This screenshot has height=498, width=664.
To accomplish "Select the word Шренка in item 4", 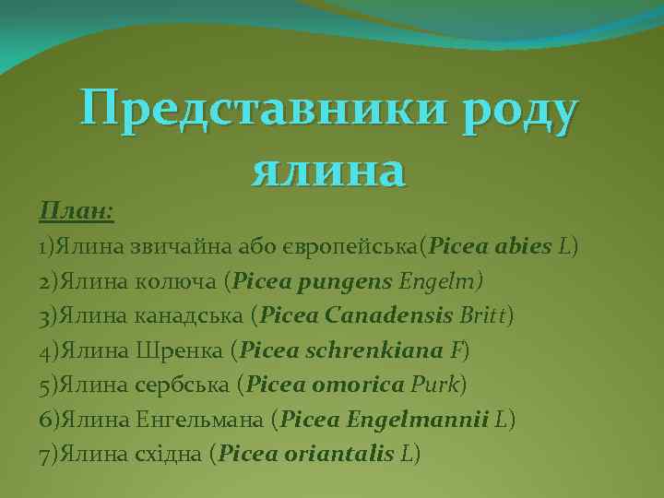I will pyautogui.click(x=180, y=350).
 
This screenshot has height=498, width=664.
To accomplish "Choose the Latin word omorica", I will pyautogui.click(x=360, y=385).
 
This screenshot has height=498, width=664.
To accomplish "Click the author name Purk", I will pyautogui.click(x=440, y=385).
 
